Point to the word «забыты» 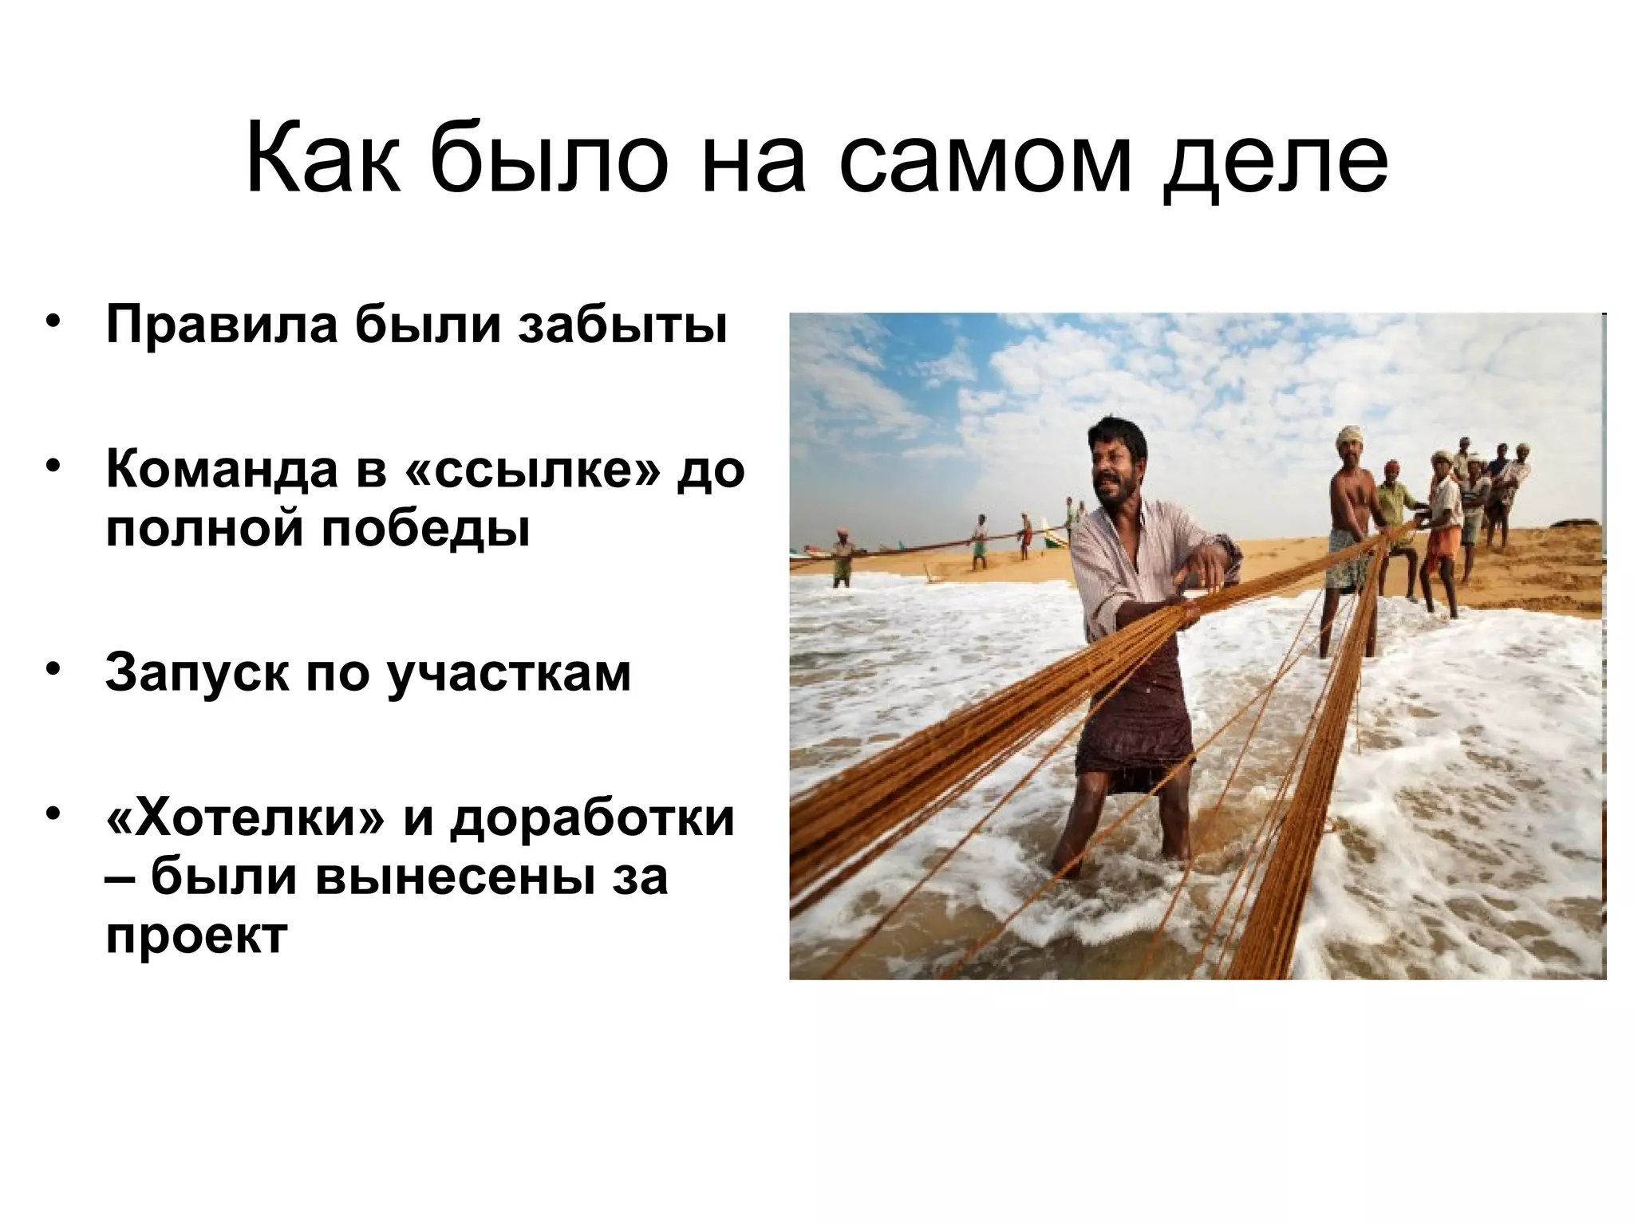coord(622,326)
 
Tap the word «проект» coord(196,936)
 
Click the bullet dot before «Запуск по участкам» coord(53,668)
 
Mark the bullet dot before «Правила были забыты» coord(53,322)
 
